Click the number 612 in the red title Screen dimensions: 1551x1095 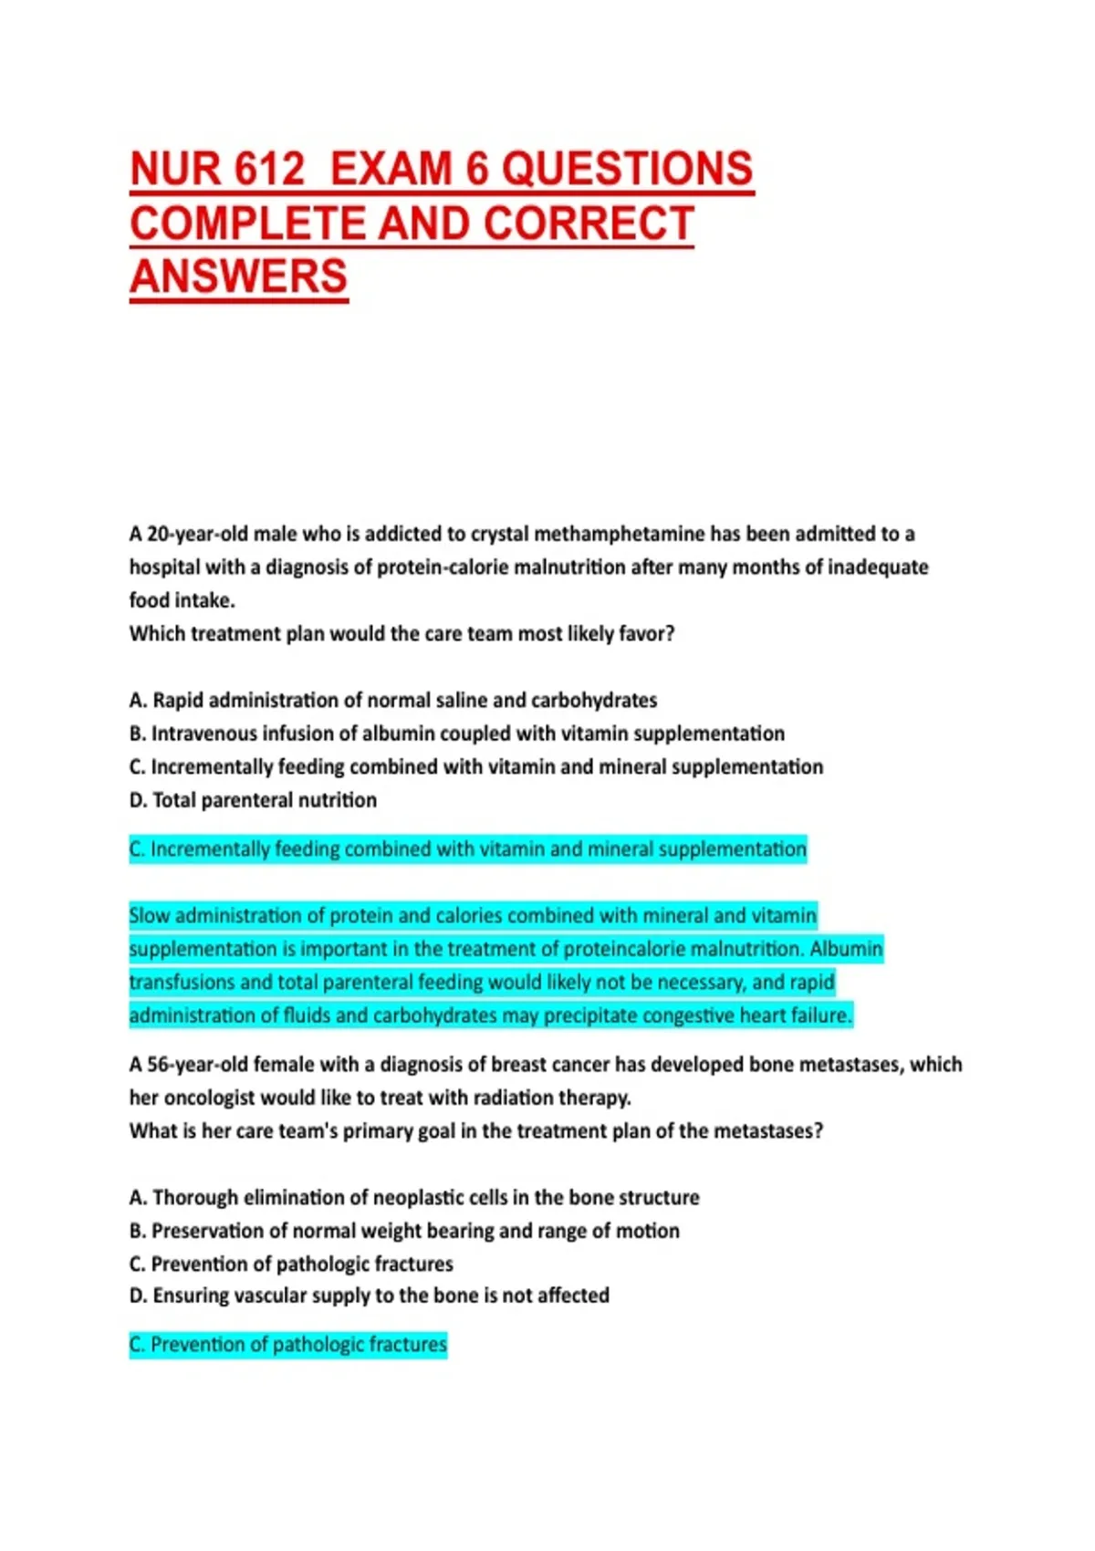[x=268, y=170]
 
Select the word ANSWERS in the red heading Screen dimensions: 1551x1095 [x=238, y=276]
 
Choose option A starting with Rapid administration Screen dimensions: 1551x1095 [x=393, y=700]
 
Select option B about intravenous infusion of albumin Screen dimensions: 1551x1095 [x=456, y=734]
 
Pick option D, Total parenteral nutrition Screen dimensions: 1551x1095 [x=253, y=800]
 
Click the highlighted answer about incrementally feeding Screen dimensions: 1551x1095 [x=467, y=849]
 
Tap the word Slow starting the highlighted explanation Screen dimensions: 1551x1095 [x=149, y=915]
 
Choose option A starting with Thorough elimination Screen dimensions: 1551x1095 [x=414, y=1197]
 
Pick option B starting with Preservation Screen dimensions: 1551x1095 [x=404, y=1231]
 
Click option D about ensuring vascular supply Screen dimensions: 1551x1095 [x=369, y=1296]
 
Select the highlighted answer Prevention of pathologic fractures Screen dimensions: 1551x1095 [x=288, y=1345]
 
